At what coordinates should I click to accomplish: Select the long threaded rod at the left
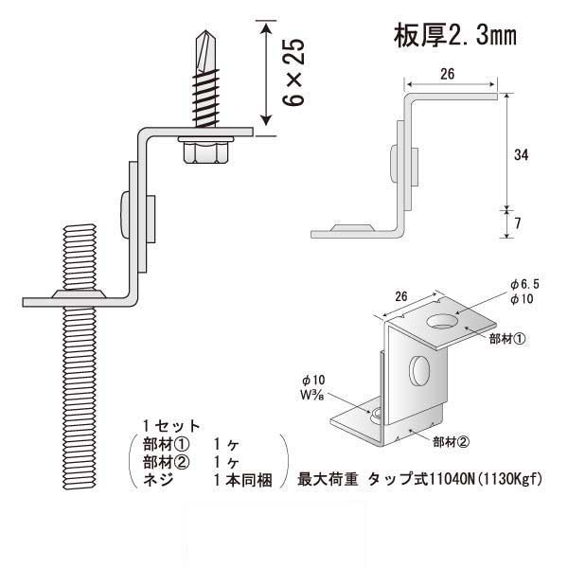point(80,379)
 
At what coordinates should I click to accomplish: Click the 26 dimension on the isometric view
point(400,296)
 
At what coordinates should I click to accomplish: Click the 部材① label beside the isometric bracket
point(507,337)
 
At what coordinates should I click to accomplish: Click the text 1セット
point(169,424)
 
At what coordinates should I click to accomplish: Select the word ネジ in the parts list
point(156,480)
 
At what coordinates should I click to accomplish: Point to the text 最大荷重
point(329,479)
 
